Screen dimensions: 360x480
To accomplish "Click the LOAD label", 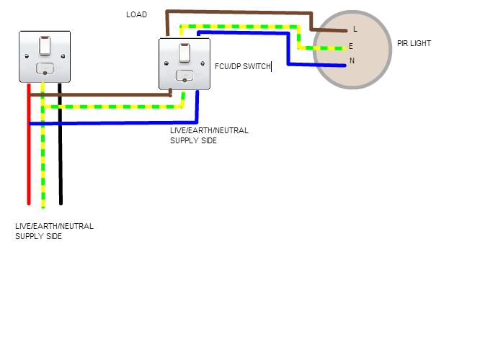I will (136, 14).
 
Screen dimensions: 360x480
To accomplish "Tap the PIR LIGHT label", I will (414, 43).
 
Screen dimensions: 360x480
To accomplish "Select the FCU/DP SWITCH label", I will (243, 66).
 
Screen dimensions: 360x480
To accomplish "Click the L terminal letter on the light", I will (355, 30).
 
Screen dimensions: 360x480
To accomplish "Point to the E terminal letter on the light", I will (351, 46).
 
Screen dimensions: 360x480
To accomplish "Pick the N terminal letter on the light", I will (352, 60).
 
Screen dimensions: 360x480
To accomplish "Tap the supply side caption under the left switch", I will (54, 231).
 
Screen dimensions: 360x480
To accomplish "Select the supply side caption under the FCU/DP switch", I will (209, 135).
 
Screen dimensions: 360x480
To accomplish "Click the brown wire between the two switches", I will (108, 94).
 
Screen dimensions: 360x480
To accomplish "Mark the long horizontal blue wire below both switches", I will (108, 124).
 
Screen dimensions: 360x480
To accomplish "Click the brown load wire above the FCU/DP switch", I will (238, 13).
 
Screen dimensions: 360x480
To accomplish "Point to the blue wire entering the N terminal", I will (317, 64).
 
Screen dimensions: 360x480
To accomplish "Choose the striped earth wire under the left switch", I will (44, 158).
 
